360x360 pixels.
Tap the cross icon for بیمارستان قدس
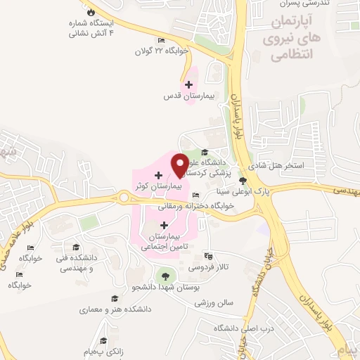pos(188,84)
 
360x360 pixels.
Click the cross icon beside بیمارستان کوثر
pos(158,174)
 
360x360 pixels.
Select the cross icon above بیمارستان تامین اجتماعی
pos(165,226)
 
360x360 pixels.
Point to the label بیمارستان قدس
pos(184,95)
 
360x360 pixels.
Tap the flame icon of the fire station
pos(90,13)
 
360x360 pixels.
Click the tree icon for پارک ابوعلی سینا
pos(243,181)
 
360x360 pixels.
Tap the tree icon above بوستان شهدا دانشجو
pos(165,276)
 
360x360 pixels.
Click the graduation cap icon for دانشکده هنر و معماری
pos(114,298)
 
